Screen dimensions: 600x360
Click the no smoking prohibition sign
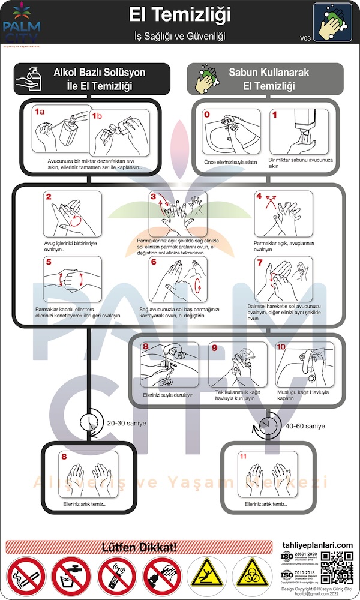[x=26, y=577]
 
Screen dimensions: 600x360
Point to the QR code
[x=337, y=568]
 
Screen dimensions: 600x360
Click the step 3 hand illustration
[x=178, y=214]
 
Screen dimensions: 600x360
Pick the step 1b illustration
[x=118, y=133]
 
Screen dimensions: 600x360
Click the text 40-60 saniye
[x=305, y=426]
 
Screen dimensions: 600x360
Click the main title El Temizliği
[x=179, y=14]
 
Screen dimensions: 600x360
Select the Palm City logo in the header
[x=22, y=24]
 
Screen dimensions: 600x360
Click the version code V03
[x=305, y=38]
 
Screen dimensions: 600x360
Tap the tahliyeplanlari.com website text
[x=317, y=544]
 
